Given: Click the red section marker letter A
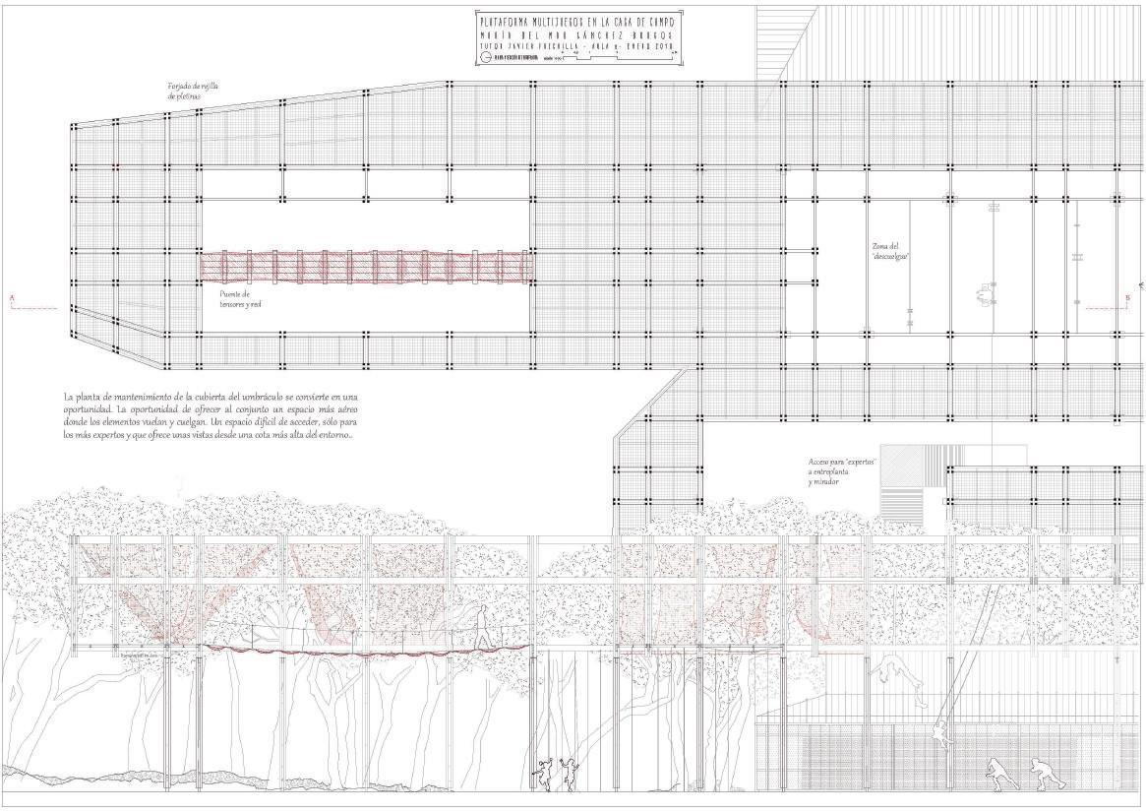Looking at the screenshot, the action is point(11,295).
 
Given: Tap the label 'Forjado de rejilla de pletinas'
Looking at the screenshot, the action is point(192,92).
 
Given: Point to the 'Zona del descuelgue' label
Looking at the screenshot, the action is point(889,250).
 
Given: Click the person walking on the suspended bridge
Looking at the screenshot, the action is point(483,625).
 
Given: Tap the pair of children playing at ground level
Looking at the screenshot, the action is point(555,774).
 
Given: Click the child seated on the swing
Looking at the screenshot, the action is point(940,733).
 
